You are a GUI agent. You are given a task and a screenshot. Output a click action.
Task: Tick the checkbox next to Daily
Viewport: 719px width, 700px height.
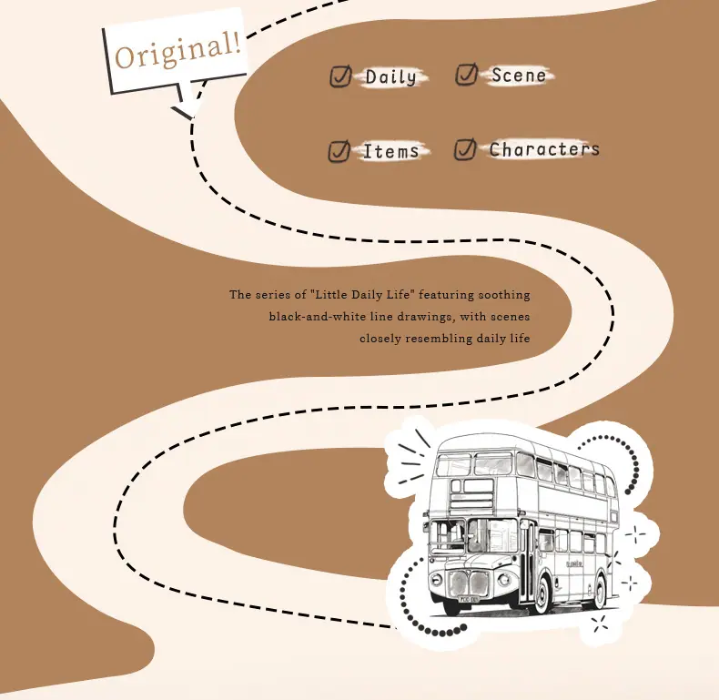340,76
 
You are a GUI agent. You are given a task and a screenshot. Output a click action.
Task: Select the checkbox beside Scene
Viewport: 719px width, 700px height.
467,74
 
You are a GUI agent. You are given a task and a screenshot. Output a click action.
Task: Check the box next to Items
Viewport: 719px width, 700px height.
339,151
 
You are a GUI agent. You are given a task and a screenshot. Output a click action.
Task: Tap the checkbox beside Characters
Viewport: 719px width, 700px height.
465,149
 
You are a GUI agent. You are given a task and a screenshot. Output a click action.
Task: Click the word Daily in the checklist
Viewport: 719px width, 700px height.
391,77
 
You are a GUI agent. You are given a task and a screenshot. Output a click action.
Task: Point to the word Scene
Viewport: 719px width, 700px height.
519,76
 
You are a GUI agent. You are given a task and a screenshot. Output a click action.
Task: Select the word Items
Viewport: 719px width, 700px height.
390,151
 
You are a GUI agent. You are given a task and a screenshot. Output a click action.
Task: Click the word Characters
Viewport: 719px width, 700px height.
544,149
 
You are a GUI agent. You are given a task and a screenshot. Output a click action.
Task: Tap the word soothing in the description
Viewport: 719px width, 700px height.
504,295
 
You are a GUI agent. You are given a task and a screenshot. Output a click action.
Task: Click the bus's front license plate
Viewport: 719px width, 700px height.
465,599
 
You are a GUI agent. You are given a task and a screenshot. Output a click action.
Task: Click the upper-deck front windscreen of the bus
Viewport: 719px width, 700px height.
474,464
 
